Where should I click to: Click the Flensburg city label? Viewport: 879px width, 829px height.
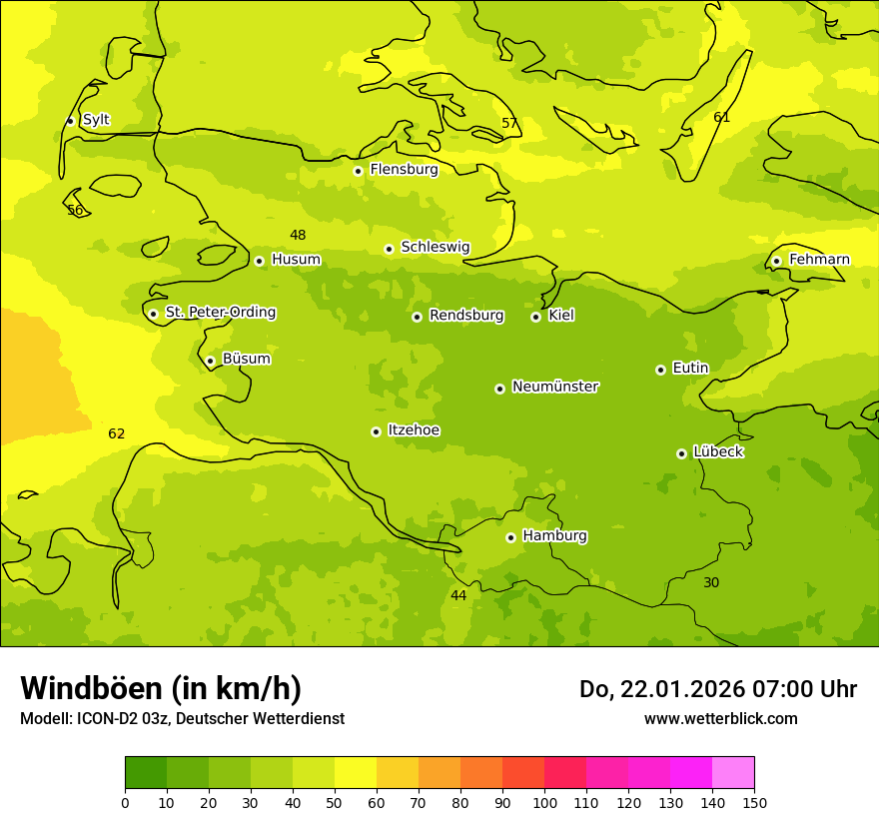[404, 170]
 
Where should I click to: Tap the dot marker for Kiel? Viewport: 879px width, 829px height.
[535, 317]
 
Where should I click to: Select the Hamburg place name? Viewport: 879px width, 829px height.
[554, 536]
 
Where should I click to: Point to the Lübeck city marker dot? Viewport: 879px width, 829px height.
[681, 453]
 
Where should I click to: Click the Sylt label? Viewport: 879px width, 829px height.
[96, 120]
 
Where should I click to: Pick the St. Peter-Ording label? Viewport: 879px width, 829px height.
[220, 313]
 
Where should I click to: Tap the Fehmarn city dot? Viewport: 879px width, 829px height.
[776, 261]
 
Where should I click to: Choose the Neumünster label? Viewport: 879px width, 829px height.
[554, 387]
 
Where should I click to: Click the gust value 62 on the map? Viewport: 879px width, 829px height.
[117, 433]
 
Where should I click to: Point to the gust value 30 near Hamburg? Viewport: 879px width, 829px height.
[711, 582]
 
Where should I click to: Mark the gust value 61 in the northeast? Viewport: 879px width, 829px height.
[722, 117]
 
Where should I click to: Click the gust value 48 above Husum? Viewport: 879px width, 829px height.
[298, 235]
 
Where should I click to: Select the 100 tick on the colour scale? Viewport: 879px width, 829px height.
[544, 802]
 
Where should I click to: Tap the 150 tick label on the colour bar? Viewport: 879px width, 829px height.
[754, 802]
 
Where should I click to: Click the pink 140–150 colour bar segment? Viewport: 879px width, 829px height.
[733, 772]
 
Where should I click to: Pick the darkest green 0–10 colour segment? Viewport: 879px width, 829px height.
[146, 772]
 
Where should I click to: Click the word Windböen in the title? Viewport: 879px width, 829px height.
[91, 688]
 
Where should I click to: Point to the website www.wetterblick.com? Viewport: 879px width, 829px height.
[720, 719]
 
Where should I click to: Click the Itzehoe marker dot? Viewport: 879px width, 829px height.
[376, 431]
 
